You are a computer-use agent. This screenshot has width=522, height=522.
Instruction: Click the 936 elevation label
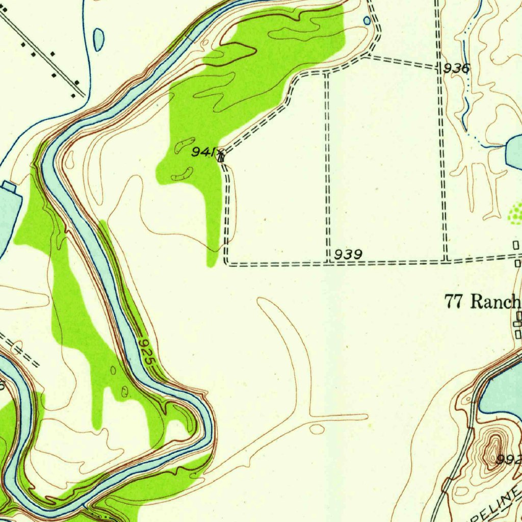(456, 69)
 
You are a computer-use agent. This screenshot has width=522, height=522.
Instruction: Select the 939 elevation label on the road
(349, 254)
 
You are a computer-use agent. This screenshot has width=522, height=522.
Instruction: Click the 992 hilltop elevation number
(511, 460)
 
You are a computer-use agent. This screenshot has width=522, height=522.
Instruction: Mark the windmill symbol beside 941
(220, 155)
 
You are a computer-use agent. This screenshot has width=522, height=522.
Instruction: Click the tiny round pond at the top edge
(367, 20)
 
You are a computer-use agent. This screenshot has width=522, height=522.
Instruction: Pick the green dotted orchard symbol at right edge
(516, 213)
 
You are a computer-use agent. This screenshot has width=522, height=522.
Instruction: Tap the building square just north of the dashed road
(515, 246)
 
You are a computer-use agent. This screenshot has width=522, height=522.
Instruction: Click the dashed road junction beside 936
(439, 67)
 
